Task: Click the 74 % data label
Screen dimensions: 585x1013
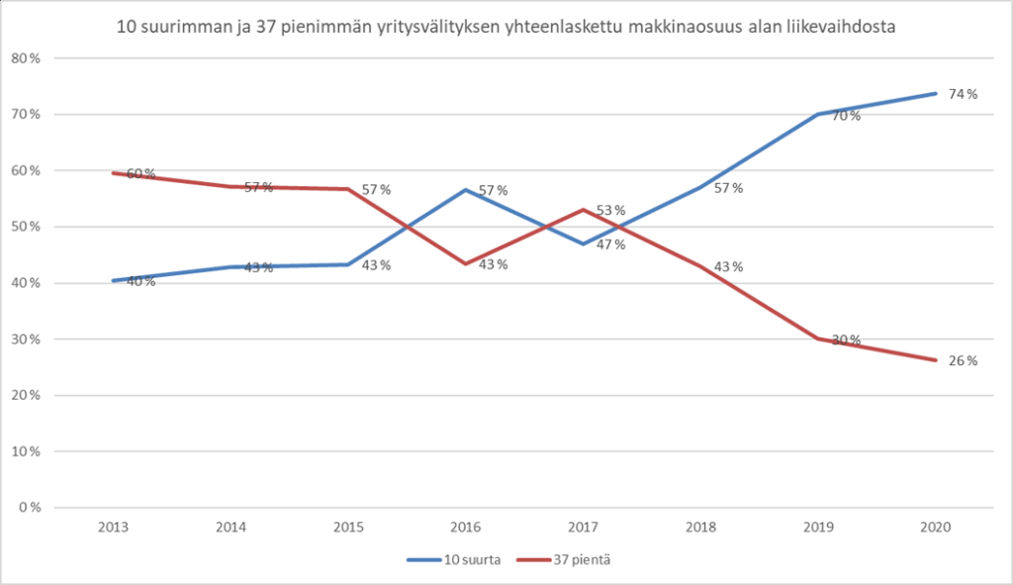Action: [963, 94]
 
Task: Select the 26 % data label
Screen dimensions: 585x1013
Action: [963, 361]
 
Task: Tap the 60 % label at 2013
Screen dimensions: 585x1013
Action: [140, 174]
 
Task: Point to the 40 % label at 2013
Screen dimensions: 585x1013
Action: [140, 282]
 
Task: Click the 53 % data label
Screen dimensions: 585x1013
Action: [611, 210]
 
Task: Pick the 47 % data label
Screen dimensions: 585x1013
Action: [611, 244]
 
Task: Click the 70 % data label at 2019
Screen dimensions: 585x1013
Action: [846, 116]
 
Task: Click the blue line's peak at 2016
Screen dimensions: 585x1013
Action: [464, 189]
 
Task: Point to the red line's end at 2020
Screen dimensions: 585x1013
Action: [934, 359]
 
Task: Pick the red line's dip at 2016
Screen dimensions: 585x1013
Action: [464, 263]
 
